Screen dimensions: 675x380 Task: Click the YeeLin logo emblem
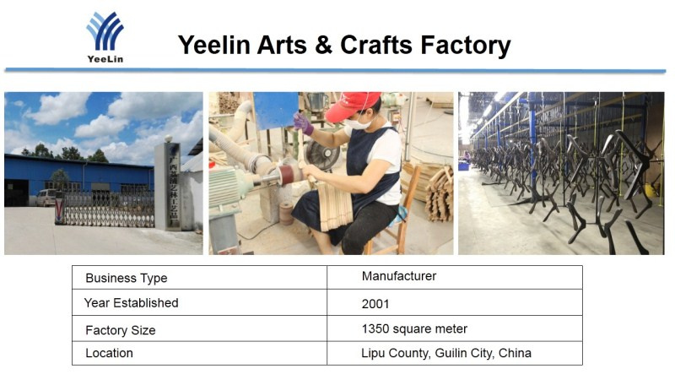(x=105, y=30)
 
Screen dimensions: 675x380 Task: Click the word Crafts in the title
(x=376, y=45)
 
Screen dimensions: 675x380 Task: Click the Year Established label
(x=131, y=303)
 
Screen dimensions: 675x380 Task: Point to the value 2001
(x=375, y=304)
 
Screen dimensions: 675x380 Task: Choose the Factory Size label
(x=120, y=330)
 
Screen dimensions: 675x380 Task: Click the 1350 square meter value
(x=414, y=328)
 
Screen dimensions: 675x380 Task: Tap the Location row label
(x=109, y=353)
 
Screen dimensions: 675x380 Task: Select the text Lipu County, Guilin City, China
(x=446, y=353)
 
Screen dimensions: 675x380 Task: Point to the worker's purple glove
(x=304, y=123)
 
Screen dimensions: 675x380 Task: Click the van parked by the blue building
(x=46, y=198)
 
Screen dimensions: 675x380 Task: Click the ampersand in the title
(x=323, y=45)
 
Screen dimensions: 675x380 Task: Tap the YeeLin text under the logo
(x=105, y=59)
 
